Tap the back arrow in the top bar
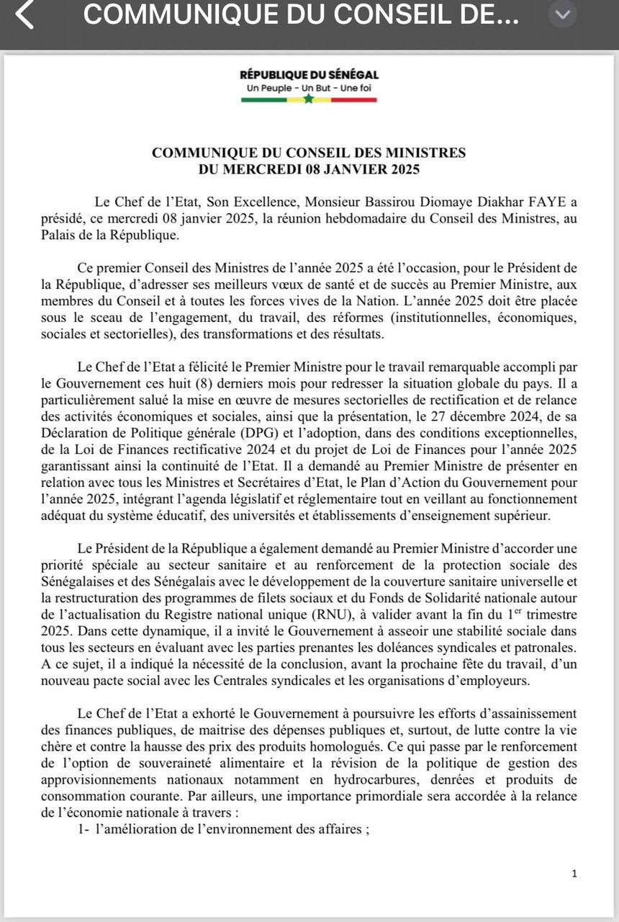24,15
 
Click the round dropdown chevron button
563,14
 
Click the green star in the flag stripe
309,99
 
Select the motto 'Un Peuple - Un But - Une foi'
309,88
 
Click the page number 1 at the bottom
574,873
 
